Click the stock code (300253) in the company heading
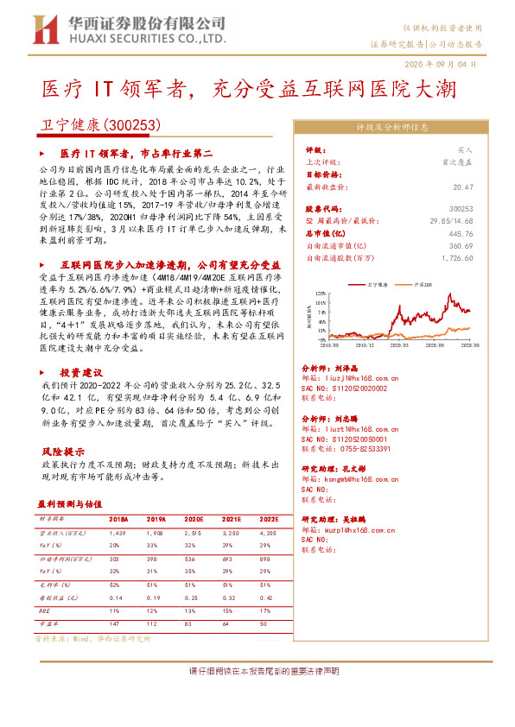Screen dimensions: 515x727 [x=133, y=125]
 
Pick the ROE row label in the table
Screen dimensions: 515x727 [x=44, y=610]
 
